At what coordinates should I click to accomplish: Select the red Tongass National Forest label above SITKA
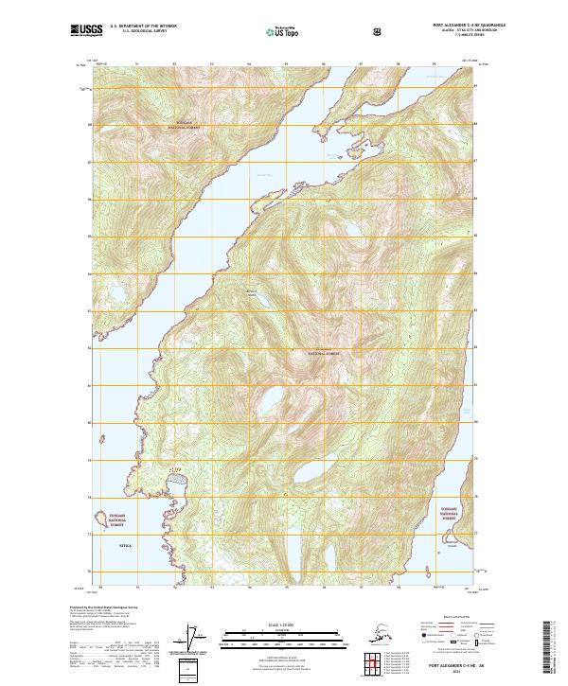[116, 520]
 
